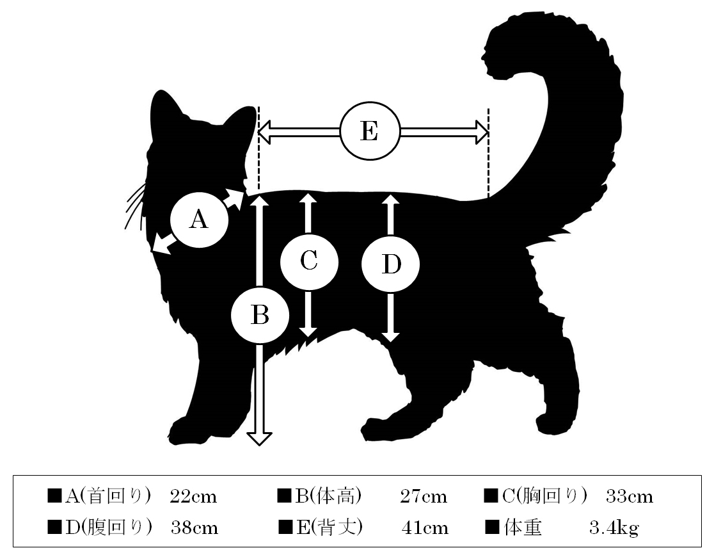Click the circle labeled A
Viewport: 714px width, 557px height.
[x=199, y=220]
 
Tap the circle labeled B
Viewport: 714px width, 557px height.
[x=260, y=315]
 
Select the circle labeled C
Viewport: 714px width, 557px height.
[x=309, y=262]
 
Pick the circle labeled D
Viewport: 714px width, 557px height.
[x=391, y=264]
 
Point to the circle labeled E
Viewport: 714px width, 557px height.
[x=370, y=131]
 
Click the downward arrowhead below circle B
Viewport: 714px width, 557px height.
[x=259, y=438]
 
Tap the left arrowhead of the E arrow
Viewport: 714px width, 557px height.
[x=265, y=132]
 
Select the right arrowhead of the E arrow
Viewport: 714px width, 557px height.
[x=482, y=132]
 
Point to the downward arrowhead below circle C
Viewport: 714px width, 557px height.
[x=308, y=332]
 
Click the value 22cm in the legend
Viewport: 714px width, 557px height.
[x=193, y=496]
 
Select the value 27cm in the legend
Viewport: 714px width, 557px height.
[x=424, y=496]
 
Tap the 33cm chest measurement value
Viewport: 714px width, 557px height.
[x=630, y=496]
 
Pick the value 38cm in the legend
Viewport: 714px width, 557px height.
[x=194, y=528]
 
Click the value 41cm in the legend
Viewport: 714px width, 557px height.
[x=425, y=528]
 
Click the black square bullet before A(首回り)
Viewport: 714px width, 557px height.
[x=54, y=496]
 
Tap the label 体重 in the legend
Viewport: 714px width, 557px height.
[x=523, y=528]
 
